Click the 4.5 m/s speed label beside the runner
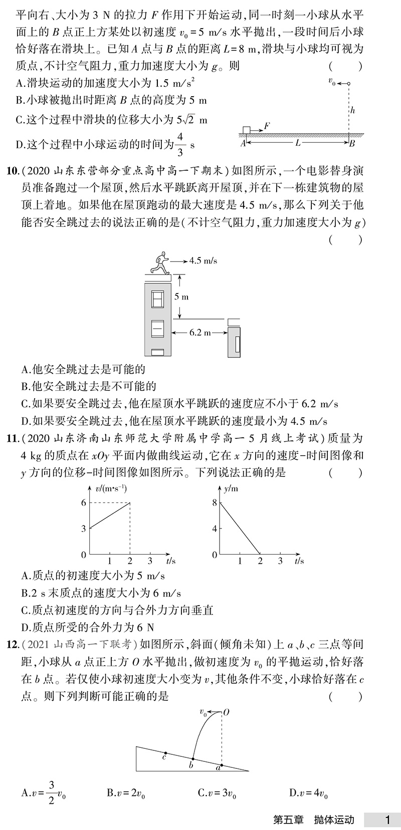click(203, 260)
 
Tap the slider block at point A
click(246, 130)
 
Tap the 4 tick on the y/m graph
click(214, 528)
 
